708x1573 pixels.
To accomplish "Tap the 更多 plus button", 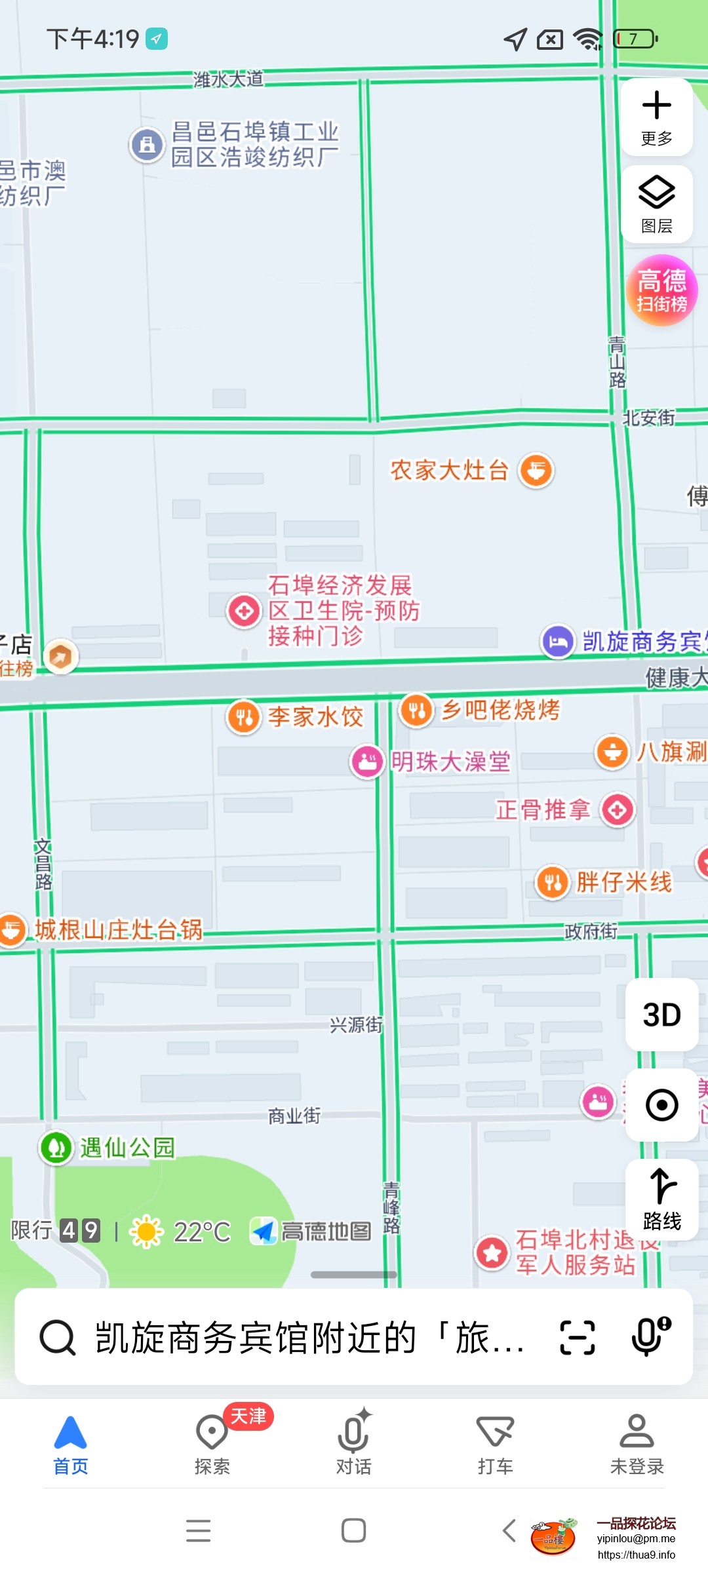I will point(656,117).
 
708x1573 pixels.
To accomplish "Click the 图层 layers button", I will point(656,204).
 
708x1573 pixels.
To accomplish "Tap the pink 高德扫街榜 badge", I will point(661,290).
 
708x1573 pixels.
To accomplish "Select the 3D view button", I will point(661,1015).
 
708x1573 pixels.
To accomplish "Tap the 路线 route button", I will point(661,1199).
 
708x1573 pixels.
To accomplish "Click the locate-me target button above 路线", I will point(661,1105).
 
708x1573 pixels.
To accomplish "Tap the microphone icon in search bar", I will point(650,1337).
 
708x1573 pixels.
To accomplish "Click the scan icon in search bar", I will point(578,1337).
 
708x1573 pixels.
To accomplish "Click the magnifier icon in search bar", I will point(58,1337).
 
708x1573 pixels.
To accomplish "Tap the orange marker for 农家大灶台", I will point(536,470).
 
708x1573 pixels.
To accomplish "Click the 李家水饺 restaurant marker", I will point(244,716).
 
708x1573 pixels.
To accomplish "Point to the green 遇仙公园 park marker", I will point(56,1148).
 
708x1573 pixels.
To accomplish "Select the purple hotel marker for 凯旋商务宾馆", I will point(558,641).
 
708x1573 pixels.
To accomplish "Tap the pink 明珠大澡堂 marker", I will point(367,762).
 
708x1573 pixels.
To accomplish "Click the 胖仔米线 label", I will point(623,882).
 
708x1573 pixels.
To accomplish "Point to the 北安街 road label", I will point(648,418).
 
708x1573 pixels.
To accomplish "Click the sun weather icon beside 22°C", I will point(147,1232).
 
